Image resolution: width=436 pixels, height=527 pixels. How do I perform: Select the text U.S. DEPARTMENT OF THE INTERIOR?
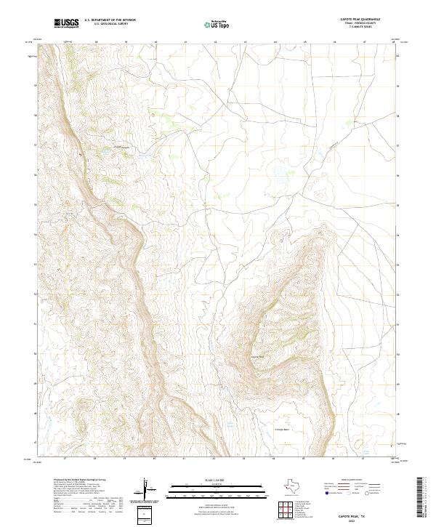(110, 21)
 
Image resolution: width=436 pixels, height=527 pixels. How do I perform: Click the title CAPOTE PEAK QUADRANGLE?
(354, 20)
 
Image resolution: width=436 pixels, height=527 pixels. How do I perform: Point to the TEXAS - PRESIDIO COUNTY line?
(354, 24)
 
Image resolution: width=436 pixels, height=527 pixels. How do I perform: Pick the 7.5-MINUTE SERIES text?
(354, 28)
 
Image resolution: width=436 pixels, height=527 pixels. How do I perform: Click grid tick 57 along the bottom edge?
(65, 459)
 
